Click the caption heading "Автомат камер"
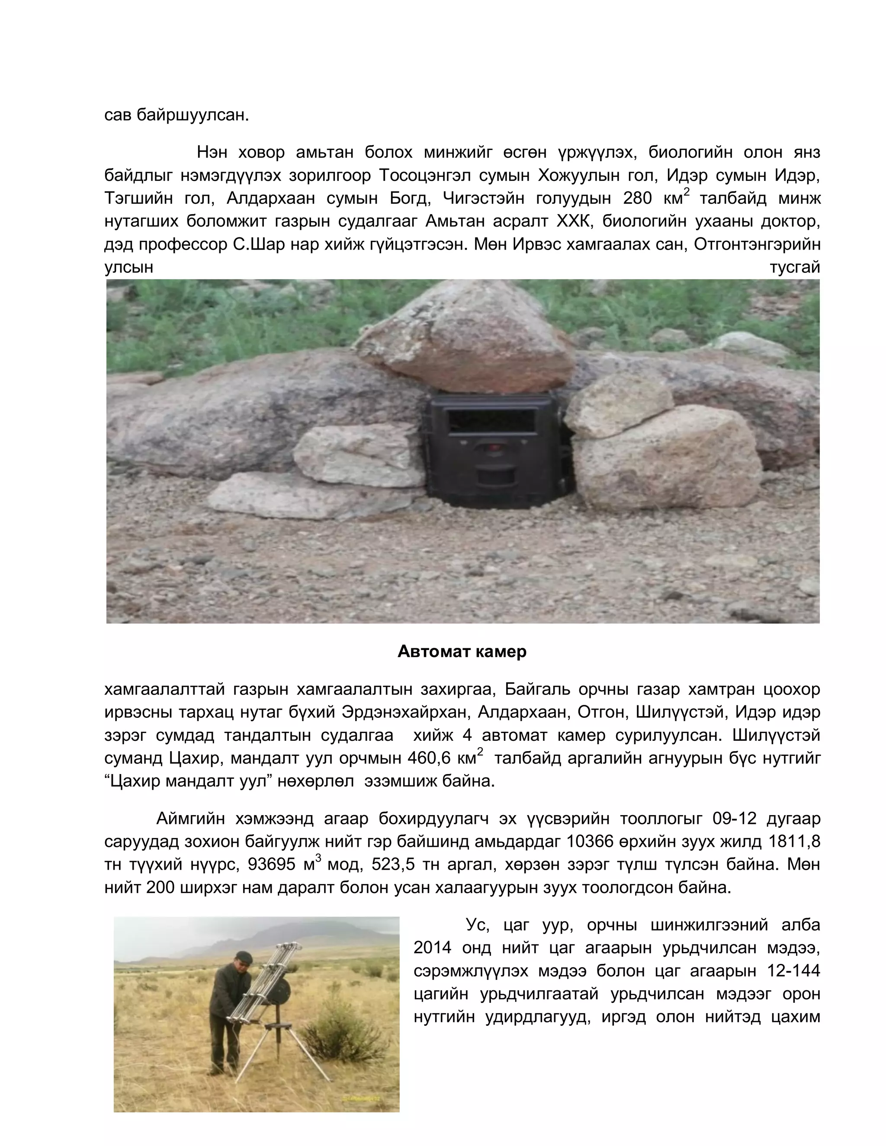462,652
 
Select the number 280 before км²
637,198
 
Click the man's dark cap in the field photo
244,957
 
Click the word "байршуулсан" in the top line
193,115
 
